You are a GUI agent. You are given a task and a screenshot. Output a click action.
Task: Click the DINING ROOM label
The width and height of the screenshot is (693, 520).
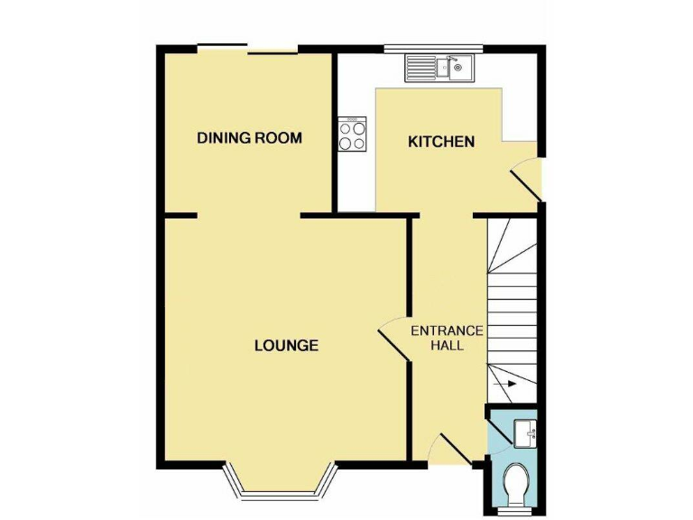249,138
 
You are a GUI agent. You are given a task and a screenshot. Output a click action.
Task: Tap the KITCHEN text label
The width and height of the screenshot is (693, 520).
441,142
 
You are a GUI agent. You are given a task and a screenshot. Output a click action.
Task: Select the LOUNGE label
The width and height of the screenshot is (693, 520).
285,345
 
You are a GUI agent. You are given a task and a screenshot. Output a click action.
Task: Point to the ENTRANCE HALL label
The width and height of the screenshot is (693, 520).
447,338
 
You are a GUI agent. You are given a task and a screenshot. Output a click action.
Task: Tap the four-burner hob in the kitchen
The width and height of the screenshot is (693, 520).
352,135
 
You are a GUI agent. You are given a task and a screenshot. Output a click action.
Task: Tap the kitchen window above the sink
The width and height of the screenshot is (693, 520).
433,47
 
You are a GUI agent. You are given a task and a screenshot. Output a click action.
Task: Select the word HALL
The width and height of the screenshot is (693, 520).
447,346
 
